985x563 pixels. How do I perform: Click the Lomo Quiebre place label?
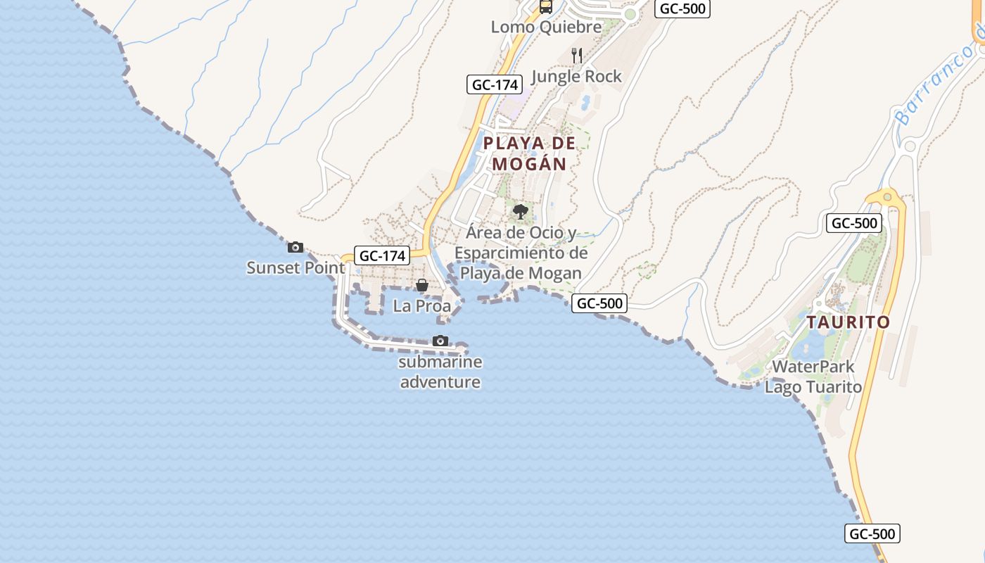(546, 27)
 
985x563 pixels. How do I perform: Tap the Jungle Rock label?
(577, 76)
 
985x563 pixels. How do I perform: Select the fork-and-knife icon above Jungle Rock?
(577, 56)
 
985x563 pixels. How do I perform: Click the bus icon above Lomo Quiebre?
(546, 7)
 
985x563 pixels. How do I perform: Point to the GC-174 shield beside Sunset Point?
(382, 255)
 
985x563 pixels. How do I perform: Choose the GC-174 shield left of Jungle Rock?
(495, 84)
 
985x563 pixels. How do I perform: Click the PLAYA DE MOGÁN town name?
(530, 153)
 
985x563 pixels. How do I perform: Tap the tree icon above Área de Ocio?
(521, 211)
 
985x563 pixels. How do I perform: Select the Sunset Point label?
(295, 268)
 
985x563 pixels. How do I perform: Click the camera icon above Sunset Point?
(295, 247)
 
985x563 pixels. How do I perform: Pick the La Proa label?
(422, 306)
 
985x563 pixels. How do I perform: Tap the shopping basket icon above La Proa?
(422, 285)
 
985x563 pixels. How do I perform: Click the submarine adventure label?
(440, 372)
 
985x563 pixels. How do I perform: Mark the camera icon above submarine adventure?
(440, 341)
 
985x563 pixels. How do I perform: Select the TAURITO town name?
(848, 322)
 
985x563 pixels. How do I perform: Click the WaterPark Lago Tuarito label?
(813, 377)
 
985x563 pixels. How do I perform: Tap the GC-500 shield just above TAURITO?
(854, 224)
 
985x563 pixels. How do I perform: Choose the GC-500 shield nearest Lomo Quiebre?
(682, 8)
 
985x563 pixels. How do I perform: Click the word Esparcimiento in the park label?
(521, 253)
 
